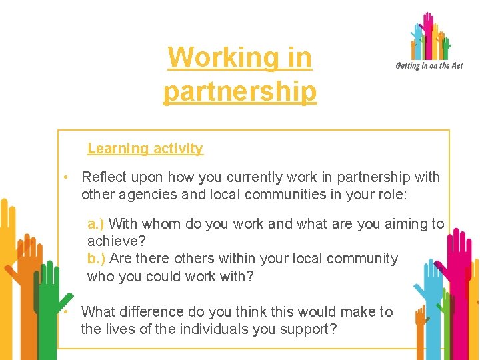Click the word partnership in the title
[x=240, y=91]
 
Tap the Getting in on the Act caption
[x=429, y=65]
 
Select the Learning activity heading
[x=145, y=149]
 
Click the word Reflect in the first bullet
[x=103, y=177]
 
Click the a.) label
[x=96, y=224]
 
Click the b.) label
[x=96, y=259]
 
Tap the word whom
[x=161, y=224]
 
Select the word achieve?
[x=116, y=241]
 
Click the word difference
[x=152, y=311]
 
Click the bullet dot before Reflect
[x=66, y=177]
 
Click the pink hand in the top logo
[x=427, y=25]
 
